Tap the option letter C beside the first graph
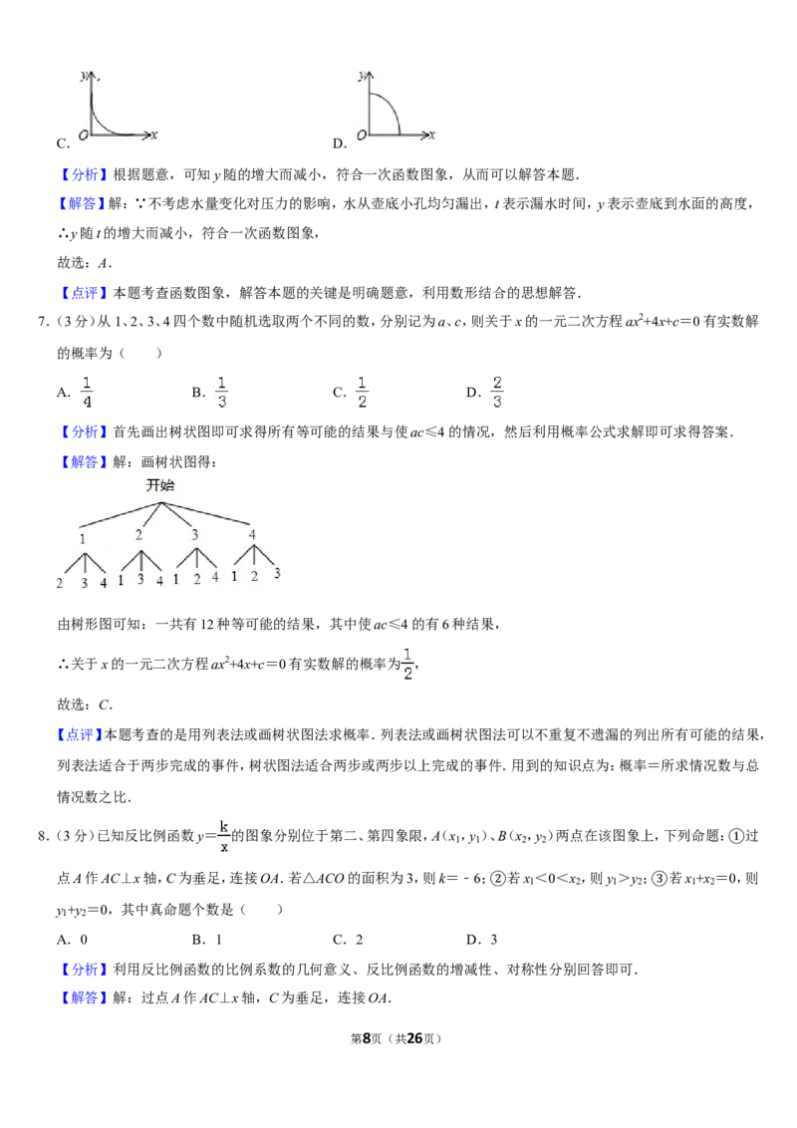64,143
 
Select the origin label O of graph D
362,135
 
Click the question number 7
43,322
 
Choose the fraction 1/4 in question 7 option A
87,392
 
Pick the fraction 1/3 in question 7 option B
221,392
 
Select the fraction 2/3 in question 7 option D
497,392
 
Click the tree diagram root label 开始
160,485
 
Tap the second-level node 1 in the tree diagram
82,538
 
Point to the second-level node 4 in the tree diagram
252,534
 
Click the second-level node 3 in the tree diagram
194,534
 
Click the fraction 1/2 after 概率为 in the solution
407,664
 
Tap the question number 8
43,835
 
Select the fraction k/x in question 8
224,836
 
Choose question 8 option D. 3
482,939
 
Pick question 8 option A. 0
72,939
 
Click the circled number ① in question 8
736,836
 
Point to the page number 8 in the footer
367,1038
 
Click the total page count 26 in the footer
414,1038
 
